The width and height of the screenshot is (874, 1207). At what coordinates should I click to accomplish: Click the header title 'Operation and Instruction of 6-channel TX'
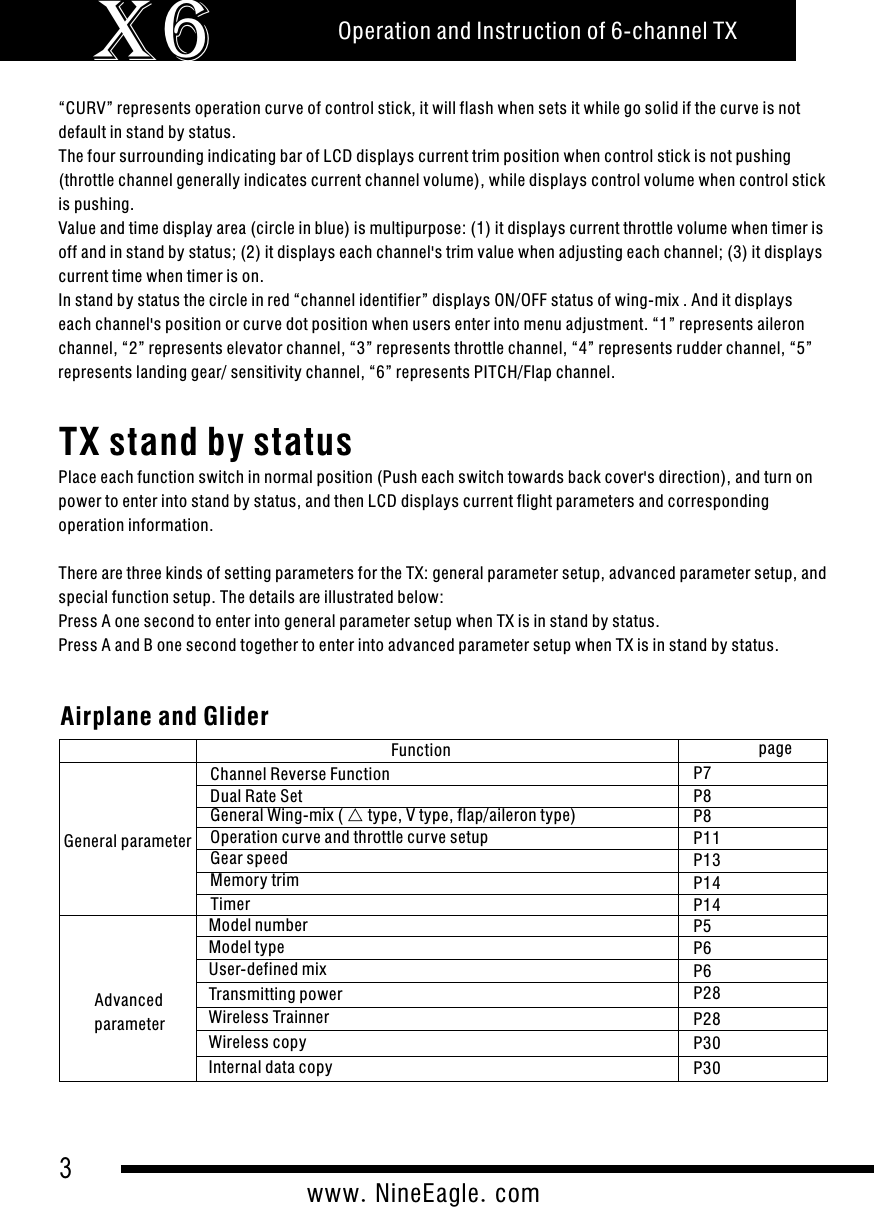[537, 31]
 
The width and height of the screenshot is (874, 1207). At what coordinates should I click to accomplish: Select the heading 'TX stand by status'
[206, 441]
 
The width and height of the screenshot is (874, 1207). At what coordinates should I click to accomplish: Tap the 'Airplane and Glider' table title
[165, 717]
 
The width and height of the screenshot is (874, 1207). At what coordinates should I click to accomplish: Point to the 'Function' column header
[420, 750]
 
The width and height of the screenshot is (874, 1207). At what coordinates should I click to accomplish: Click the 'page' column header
[775, 748]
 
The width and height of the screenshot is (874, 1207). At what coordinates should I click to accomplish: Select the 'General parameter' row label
[127, 841]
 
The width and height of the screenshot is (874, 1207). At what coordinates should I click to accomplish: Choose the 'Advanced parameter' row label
[128, 1012]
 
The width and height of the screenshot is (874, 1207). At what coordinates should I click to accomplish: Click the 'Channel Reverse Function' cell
[300, 774]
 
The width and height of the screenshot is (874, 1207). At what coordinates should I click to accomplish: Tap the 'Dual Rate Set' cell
[256, 797]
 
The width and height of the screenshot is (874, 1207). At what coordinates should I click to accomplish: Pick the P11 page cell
[709, 838]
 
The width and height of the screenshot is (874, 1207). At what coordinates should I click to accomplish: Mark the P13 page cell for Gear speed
[709, 861]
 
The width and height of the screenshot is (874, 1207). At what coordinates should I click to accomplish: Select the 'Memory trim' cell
[254, 881]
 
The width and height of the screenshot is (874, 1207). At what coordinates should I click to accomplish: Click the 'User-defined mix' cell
[267, 969]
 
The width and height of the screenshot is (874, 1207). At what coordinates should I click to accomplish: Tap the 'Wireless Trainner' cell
[268, 1018]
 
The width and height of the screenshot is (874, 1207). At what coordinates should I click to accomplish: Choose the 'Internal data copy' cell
[270, 1067]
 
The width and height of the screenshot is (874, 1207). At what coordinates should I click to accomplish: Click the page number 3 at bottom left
[66, 1168]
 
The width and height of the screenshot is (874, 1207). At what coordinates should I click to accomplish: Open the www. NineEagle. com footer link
[423, 1193]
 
